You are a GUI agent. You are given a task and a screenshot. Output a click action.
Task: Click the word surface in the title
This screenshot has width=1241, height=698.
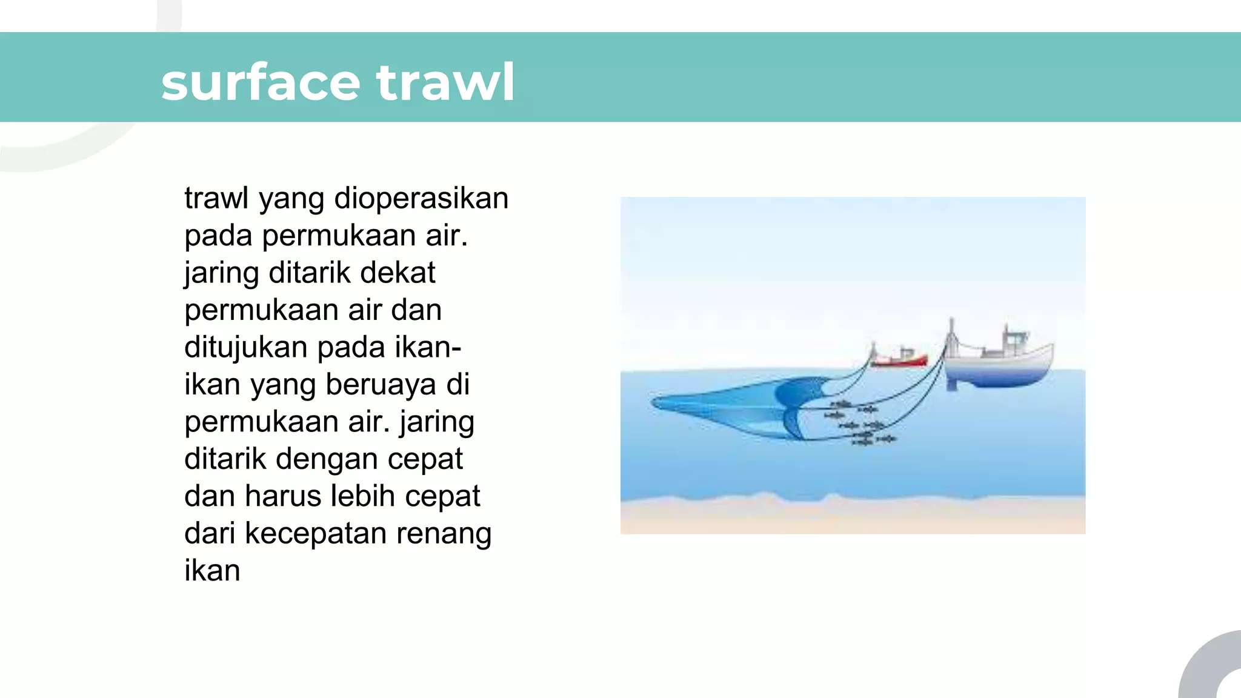[261, 83]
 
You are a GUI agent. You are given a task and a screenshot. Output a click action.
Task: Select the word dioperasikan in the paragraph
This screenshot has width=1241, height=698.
[421, 198]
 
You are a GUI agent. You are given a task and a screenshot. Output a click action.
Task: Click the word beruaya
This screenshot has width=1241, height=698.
[381, 384]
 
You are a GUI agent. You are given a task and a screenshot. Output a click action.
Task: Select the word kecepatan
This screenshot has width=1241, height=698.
[315, 533]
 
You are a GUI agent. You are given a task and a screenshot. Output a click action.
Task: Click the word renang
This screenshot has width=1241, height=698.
[444, 533]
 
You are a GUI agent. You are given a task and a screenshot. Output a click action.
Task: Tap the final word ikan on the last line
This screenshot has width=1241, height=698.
[212, 571]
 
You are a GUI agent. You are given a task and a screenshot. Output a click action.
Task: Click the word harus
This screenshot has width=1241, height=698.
[285, 496]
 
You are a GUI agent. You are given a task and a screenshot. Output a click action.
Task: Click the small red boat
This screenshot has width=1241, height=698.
[899, 360]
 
